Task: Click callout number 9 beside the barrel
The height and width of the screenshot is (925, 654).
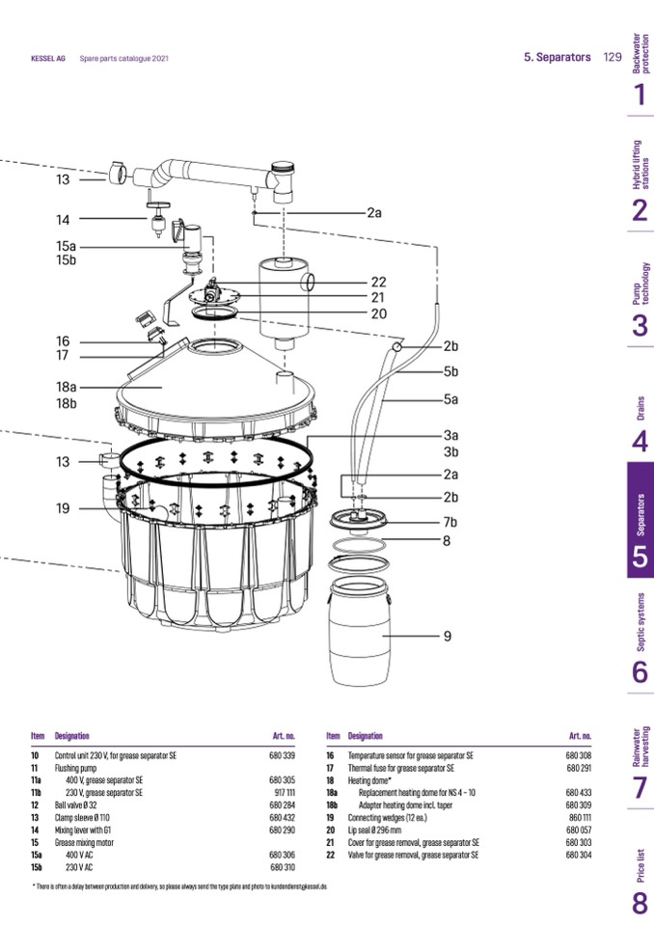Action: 448,637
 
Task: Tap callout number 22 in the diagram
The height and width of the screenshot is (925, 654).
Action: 378,283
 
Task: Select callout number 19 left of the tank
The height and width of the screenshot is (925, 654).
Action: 63,508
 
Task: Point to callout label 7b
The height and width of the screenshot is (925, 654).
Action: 450,523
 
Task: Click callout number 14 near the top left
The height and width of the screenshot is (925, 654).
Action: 63,220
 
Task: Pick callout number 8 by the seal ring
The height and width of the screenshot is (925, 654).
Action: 448,542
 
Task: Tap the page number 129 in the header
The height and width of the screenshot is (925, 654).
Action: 612,58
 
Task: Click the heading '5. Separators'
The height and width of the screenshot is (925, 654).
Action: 558,58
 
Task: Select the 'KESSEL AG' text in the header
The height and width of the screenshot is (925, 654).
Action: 48,59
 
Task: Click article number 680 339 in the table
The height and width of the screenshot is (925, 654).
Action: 282,755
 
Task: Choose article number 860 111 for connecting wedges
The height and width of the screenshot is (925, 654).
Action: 579,816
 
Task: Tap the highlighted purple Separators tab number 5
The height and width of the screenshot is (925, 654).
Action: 640,558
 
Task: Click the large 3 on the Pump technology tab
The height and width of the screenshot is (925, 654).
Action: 640,326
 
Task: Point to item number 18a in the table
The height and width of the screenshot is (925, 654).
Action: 331,792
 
